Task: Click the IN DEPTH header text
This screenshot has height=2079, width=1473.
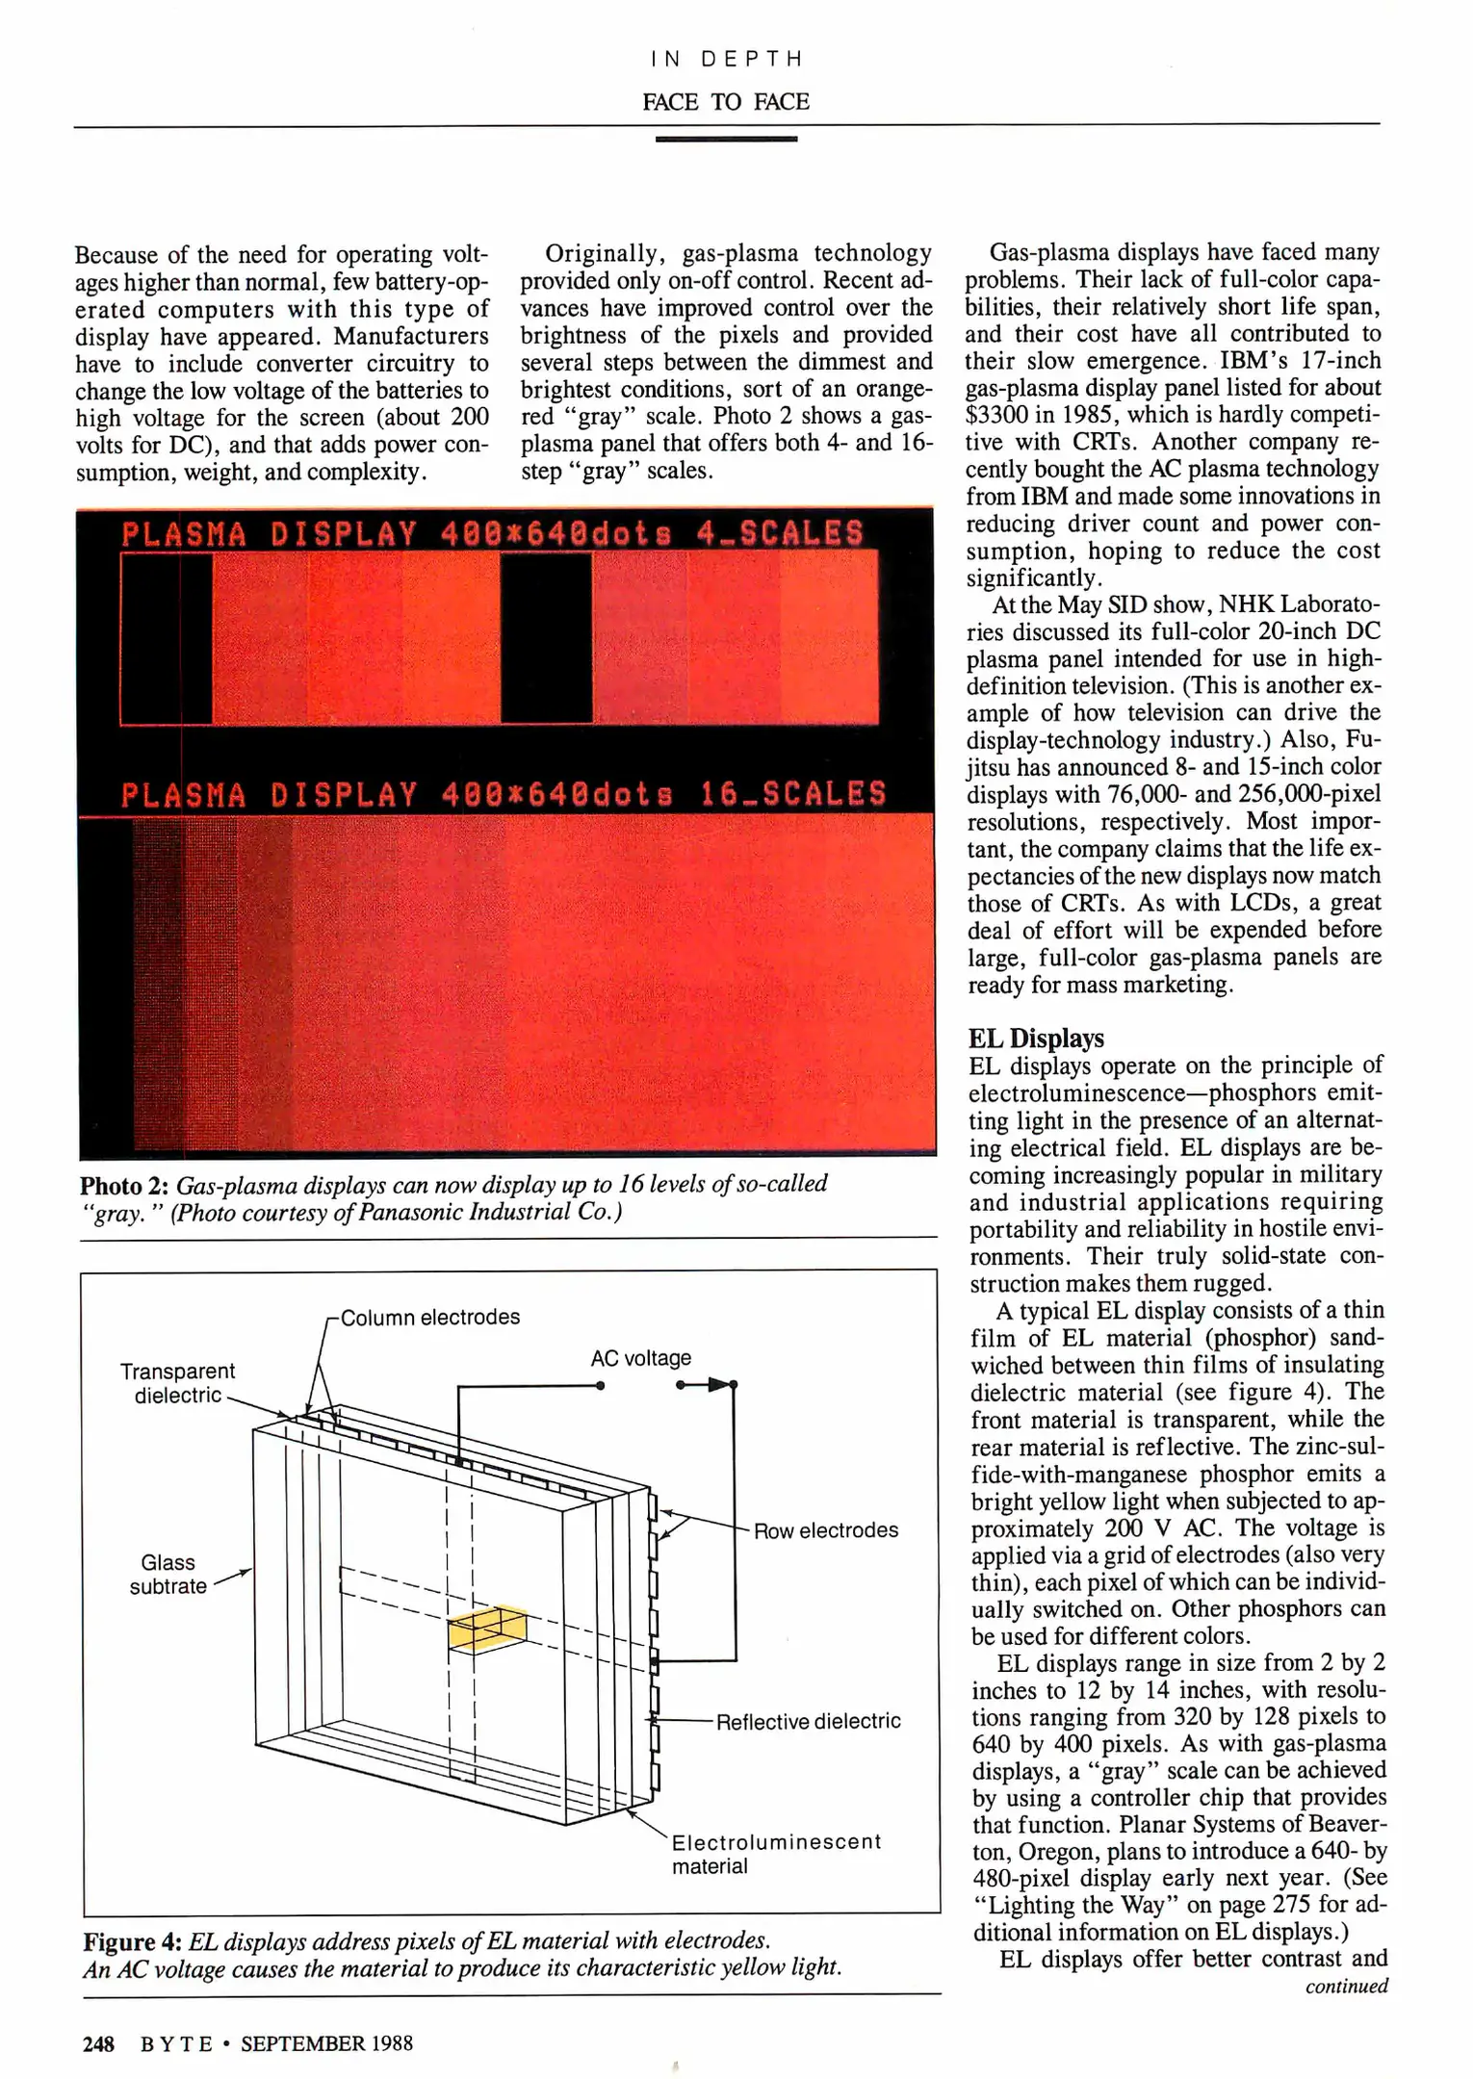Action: coord(726,60)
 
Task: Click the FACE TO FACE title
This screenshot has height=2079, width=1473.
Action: coord(726,102)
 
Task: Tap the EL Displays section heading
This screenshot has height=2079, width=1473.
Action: coord(1036,1039)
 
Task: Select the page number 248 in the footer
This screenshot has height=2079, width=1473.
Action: coord(98,2042)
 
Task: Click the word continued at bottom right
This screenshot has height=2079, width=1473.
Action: coord(1346,1986)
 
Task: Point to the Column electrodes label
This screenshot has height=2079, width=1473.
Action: coord(429,1318)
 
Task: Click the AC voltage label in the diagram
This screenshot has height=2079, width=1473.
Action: coord(640,1358)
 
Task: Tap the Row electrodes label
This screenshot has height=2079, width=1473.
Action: coord(825,1530)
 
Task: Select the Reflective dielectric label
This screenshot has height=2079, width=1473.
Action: coord(808,1721)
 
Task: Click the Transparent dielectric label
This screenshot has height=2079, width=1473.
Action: coord(177,1383)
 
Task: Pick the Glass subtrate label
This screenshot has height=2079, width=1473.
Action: coord(168,1574)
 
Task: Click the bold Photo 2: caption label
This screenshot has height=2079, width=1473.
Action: coord(124,1185)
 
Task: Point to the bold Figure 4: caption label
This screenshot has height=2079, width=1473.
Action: coord(133,1941)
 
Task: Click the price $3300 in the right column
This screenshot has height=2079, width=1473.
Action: coord(997,415)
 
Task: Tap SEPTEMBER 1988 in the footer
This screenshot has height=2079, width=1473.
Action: coord(326,2042)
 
